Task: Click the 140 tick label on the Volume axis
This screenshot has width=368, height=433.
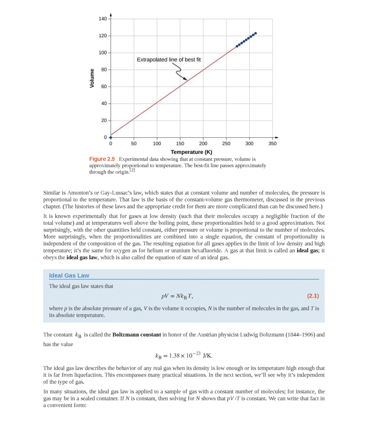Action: click(x=102, y=19)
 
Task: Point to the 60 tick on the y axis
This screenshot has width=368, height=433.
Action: click(x=104, y=87)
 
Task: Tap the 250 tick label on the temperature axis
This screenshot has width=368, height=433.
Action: click(x=226, y=144)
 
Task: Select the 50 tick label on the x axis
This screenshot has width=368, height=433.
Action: click(x=133, y=144)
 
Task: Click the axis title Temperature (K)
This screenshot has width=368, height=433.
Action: click(x=191, y=152)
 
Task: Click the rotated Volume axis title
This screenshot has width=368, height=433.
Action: click(x=92, y=78)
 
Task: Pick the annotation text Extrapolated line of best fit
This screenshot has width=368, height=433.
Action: click(x=168, y=60)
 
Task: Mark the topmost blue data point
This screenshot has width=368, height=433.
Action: click(x=255, y=33)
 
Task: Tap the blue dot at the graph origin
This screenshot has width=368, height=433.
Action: click(x=110, y=137)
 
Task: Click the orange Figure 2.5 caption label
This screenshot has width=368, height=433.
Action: click(x=102, y=159)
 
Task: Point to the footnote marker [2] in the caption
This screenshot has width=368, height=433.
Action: click(x=132, y=170)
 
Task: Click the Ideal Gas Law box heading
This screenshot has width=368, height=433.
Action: click(x=69, y=275)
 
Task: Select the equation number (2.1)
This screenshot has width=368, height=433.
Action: click(x=313, y=296)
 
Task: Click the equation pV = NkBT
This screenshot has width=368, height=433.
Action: click(x=177, y=296)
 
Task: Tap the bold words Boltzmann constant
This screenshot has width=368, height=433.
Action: click(x=136, y=334)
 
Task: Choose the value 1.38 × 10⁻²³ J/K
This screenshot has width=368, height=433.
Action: click(x=184, y=356)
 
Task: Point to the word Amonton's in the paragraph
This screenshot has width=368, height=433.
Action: click(x=80, y=193)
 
